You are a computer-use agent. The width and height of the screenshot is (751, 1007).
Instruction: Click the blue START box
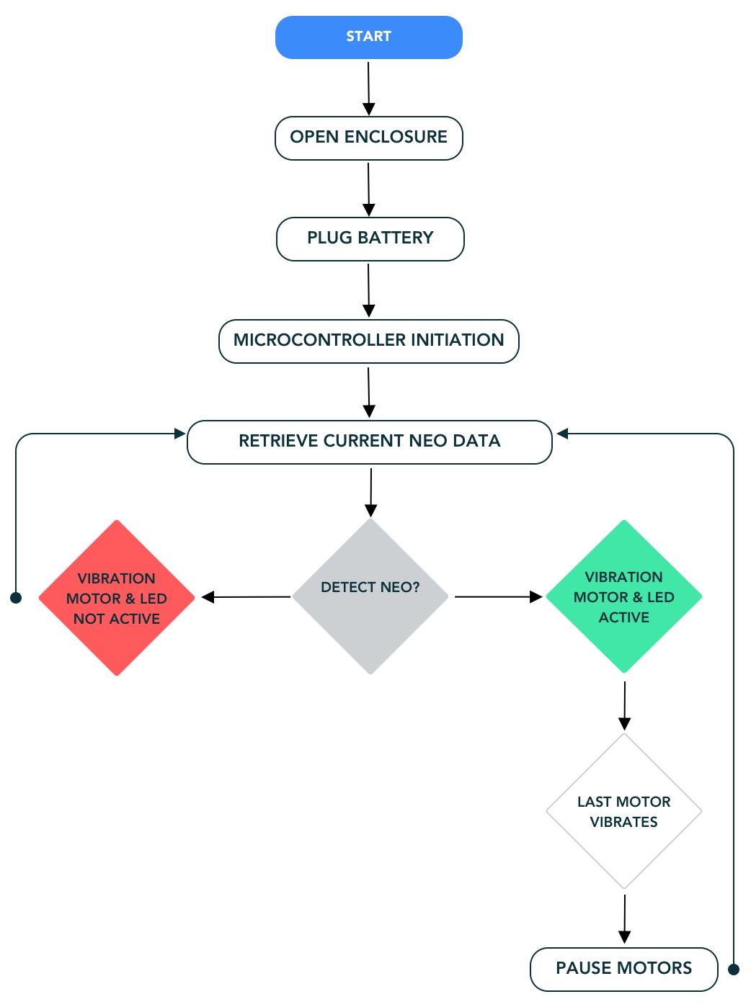tap(368, 37)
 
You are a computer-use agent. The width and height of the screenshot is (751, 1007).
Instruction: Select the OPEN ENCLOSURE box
tap(368, 138)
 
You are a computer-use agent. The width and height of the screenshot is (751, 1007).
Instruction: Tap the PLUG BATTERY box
tap(370, 238)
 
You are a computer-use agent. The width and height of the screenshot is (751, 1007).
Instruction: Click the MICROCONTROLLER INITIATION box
tap(368, 341)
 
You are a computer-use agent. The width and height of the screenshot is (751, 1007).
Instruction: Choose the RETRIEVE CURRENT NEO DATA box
tap(369, 442)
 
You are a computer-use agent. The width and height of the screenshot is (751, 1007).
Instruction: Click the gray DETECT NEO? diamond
tap(370, 596)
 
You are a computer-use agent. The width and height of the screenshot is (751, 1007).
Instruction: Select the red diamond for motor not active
tap(117, 598)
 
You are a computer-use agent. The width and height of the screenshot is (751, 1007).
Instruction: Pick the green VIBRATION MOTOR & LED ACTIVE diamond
tap(624, 596)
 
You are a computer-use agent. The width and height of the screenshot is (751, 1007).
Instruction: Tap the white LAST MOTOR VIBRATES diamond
tap(624, 811)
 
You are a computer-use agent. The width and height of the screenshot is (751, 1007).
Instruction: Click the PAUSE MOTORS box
tap(623, 969)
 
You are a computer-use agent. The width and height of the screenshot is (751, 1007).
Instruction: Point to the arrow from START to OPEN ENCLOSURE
tap(368, 88)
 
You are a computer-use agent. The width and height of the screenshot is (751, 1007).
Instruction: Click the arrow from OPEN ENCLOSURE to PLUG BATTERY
tap(368, 189)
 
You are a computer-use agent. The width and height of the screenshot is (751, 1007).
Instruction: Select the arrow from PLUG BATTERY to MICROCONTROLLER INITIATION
tap(368, 290)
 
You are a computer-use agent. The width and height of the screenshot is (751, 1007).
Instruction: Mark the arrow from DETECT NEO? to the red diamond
tap(245, 597)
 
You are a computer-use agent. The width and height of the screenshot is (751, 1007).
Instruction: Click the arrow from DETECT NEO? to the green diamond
tap(498, 596)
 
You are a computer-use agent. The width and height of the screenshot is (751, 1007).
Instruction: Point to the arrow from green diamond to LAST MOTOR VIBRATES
tap(625, 704)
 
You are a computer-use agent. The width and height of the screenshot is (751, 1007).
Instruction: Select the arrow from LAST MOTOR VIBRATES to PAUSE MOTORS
tap(625, 918)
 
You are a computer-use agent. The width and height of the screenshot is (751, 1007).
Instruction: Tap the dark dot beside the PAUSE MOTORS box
tap(734, 970)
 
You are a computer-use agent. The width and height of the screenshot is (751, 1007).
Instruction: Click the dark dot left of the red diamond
tap(16, 598)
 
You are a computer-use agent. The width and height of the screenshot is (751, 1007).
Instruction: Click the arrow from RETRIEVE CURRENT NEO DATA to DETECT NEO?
tap(371, 492)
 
